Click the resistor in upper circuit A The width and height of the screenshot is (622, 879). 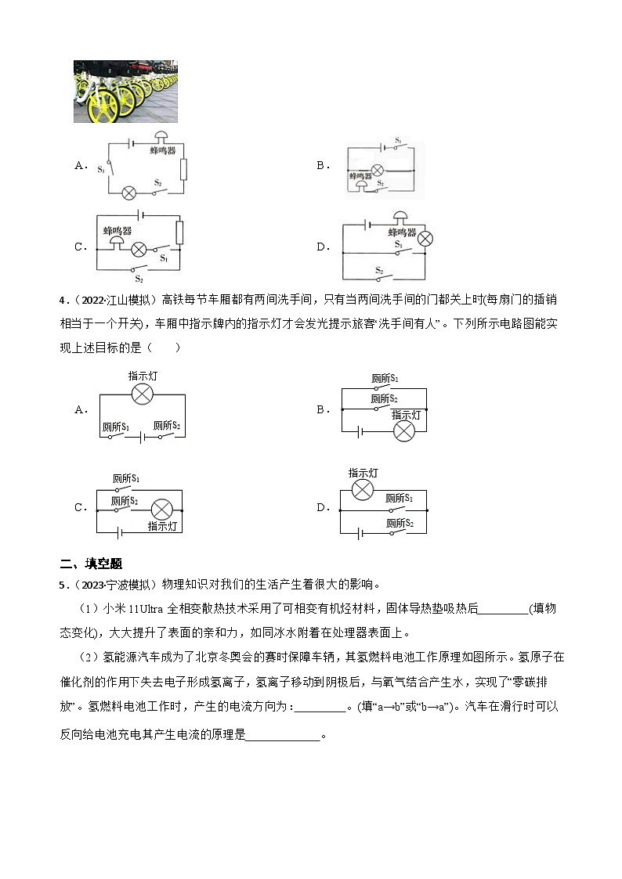click(183, 168)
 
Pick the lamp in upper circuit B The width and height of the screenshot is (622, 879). click(377, 169)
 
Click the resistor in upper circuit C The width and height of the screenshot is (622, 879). click(179, 232)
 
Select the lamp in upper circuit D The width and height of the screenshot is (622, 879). click(425, 239)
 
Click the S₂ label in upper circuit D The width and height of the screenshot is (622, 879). click(379, 270)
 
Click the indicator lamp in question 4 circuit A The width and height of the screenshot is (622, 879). click(142, 394)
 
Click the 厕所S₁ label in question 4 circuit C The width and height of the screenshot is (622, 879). click(125, 478)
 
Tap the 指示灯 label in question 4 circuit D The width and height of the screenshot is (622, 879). click(363, 474)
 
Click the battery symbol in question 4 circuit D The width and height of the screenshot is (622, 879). click(361, 534)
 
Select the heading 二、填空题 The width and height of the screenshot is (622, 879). click(91, 564)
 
